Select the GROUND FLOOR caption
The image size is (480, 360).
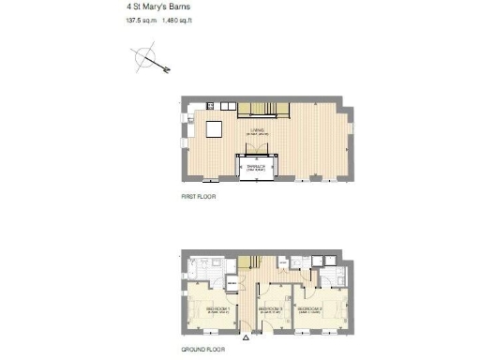tap(202, 347)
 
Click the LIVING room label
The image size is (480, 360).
tap(256, 130)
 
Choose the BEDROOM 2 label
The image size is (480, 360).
tap(271, 308)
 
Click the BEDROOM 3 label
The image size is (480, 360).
tap(310, 307)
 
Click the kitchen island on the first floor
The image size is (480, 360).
tap(215, 128)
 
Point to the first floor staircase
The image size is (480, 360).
tap(263, 109)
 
